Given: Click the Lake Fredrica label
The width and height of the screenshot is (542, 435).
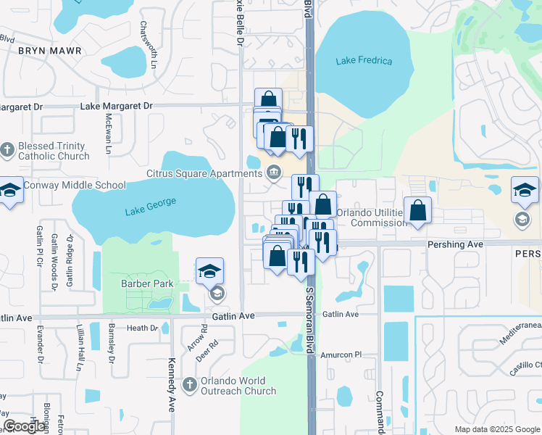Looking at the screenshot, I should [364, 61].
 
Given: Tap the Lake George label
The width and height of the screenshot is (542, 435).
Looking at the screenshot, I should [150, 210].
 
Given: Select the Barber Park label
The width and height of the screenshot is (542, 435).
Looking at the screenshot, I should [147, 283].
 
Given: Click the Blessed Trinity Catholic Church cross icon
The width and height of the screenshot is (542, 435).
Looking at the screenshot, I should [7, 150].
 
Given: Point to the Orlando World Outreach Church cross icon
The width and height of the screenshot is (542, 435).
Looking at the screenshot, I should [189, 384].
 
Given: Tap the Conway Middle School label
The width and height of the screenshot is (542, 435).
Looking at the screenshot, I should [75, 185].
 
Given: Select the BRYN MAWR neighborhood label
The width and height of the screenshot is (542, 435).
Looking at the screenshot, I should [49, 51].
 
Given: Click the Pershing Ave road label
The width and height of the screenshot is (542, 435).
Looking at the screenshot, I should [455, 244].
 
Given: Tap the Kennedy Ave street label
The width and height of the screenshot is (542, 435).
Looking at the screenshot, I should [172, 384].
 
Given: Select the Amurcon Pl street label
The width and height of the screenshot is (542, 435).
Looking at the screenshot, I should [342, 355].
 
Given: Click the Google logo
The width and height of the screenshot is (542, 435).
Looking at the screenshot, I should [25, 426].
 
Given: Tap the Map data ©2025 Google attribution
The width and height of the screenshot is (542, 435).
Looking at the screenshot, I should [496, 429].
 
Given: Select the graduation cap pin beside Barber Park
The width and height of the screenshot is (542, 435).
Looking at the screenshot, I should [209, 272].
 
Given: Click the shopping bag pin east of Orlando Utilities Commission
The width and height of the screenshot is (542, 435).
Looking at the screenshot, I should [417, 210].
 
